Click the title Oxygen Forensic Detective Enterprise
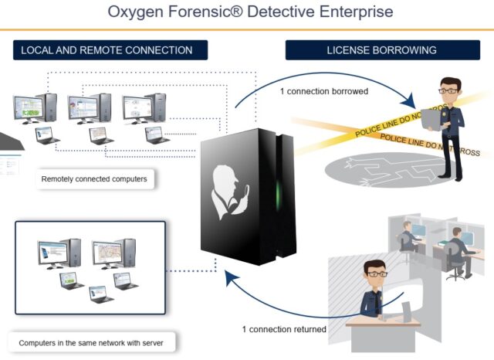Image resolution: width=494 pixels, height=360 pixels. click(247, 12)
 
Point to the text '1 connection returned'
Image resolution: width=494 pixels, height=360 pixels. click(284, 329)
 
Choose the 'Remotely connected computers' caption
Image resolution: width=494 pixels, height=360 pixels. click(94, 180)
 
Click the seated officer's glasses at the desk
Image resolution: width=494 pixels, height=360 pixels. click(375, 273)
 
